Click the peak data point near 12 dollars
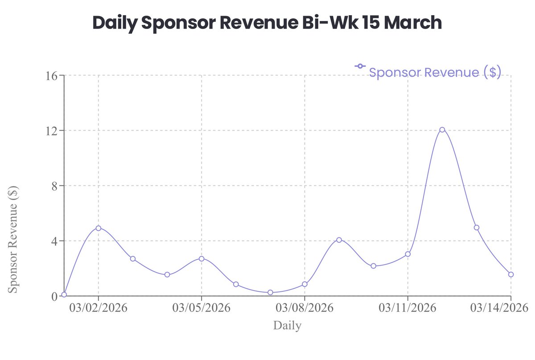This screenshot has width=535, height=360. coord(442,130)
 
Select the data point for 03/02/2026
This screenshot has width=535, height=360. coord(99,228)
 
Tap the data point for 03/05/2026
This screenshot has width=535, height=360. coord(202,258)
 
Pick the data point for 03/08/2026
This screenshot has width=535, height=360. coord(305,284)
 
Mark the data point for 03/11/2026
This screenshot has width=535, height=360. coord(407,254)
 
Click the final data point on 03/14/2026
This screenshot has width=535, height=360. coord(510,274)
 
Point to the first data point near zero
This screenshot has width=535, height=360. coord(64,295)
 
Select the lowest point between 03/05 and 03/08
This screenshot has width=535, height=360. coord(270,292)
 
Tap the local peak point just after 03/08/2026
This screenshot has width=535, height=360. coord(339,240)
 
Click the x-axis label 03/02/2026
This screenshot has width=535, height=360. coord(99,308)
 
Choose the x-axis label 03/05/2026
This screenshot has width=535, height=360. coord(202,308)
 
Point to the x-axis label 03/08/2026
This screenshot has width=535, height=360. coord(305,308)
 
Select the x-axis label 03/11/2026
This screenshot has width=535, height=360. coord(407,308)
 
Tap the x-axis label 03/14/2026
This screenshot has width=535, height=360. coord(499,308)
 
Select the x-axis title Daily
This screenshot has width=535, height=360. coord(287,326)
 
